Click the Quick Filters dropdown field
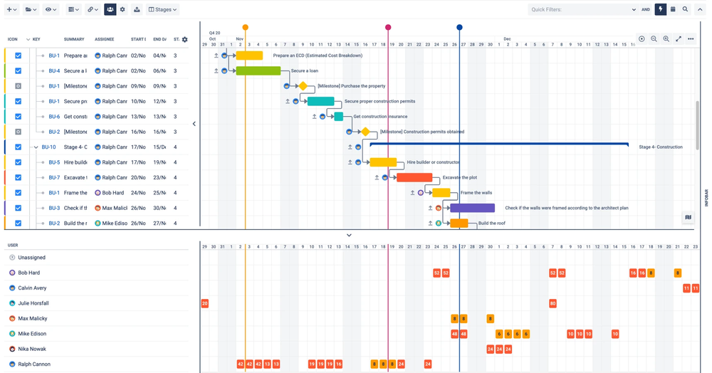pos(580,10)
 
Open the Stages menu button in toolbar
pos(162,10)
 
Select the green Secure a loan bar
pos(258,71)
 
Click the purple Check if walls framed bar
pos(472,208)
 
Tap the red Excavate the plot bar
pos(414,178)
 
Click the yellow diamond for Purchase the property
pos(303,86)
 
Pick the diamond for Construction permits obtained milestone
pos(365,132)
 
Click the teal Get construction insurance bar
pos(339,117)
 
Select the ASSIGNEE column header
pos(104,40)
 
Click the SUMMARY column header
pos(73,40)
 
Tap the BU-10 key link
pos(48,147)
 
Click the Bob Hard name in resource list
pos(29,273)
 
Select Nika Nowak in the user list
pos(32,349)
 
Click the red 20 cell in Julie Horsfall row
pos(204,303)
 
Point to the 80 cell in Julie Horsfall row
pos(553,303)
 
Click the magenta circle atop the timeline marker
pos(388,28)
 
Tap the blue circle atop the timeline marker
pos(459,28)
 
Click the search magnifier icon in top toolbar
pos(685,10)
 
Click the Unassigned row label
pos(31,258)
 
